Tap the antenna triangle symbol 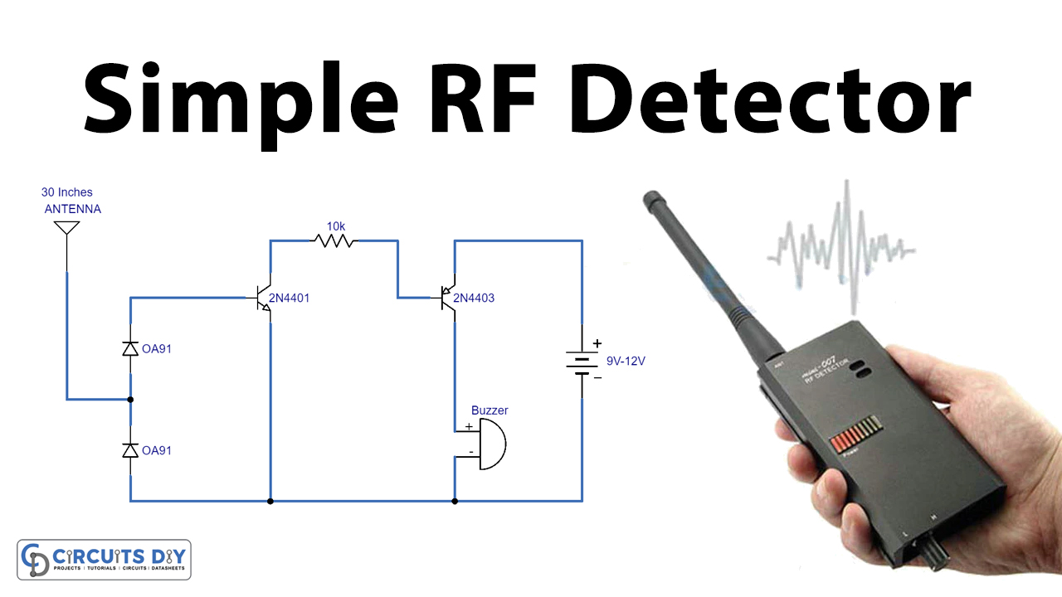[x=66, y=228]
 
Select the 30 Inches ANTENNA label [x=71, y=201]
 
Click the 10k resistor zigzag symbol [x=334, y=241]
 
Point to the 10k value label [x=336, y=226]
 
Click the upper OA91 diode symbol [x=130, y=349]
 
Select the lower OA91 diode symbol [x=130, y=450]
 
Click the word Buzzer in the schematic [x=490, y=410]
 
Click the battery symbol [x=582, y=362]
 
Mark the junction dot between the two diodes [x=130, y=400]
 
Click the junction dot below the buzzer [x=454, y=501]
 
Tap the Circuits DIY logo [x=104, y=560]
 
